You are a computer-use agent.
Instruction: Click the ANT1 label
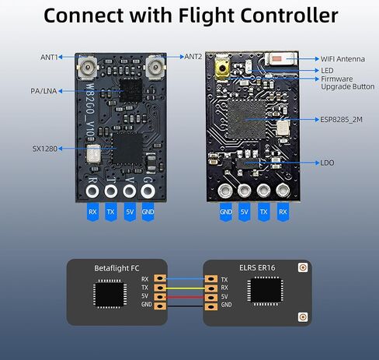pyautogui.click(x=49, y=57)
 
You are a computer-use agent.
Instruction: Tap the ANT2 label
pyautogui.click(x=193, y=57)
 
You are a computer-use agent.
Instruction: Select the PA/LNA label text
pyautogui.click(x=43, y=91)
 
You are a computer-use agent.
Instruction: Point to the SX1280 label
pyautogui.click(x=44, y=149)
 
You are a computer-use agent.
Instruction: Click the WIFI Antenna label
pyautogui.click(x=342, y=59)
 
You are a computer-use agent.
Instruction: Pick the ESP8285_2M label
pyautogui.click(x=341, y=120)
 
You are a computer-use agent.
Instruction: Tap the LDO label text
pyautogui.click(x=327, y=163)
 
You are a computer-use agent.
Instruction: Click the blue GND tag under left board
pyautogui.click(x=148, y=212)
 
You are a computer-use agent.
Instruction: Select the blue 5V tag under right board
pyautogui.click(x=245, y=212)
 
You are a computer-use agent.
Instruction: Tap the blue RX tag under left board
pyautogui.click(x=92, y=212)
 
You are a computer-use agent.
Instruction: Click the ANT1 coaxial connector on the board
pyautogui.click(x=87, y=67)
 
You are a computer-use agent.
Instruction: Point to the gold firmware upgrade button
pyautogui.click(x=222, y=68)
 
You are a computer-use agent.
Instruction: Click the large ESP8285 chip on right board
pyautogui.click(x=247, y=120)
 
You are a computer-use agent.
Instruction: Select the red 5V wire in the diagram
pyautogui.click(x=185, y=297)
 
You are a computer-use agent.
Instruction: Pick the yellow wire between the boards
pyautogui.click(x=185, y=288)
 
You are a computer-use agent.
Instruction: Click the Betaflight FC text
pyautogui.click(x=116, y=268)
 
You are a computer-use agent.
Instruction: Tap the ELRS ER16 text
pyautogui.click(x=257, y=267)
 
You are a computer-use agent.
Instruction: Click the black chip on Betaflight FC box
pyautogui.click(x=110, y=293)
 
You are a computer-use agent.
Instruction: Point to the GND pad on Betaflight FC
pyautogui.click(x=160, y=306)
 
